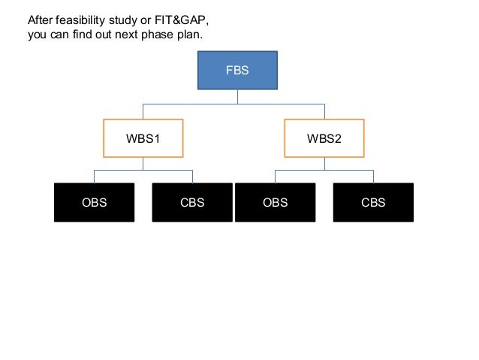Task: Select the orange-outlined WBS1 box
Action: click(143, 139)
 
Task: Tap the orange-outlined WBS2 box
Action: click(324, 139)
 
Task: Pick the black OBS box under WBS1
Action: click(94, 202)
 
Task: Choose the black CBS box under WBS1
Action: click(192, 202)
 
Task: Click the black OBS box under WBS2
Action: click(275, 202)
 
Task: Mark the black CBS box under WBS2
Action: click(373, 202)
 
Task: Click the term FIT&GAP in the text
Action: click(175, 20)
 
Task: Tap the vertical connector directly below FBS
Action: click(237, 96)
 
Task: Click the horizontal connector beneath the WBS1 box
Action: click(143, 171)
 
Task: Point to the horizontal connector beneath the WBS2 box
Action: click(324, 171)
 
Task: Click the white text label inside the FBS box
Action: click(237, 71)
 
